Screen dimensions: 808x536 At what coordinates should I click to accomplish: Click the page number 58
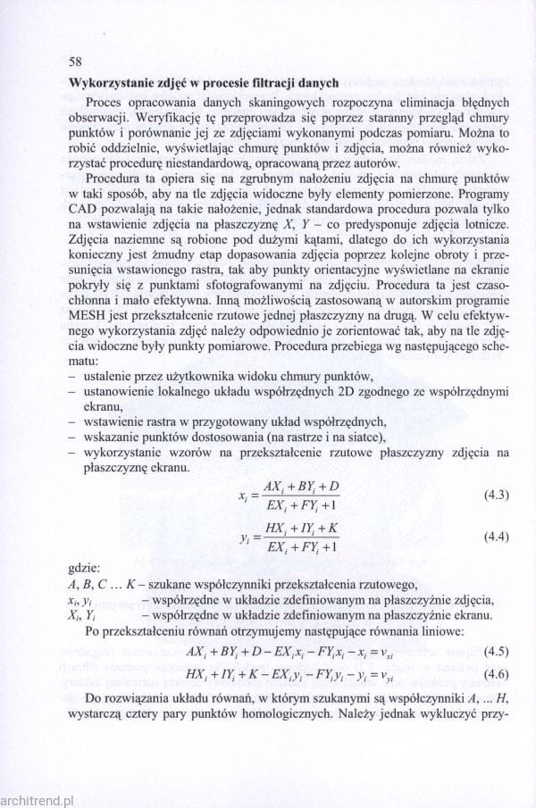coord(75,62)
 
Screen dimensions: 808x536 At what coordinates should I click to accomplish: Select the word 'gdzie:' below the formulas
coord(85,567)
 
